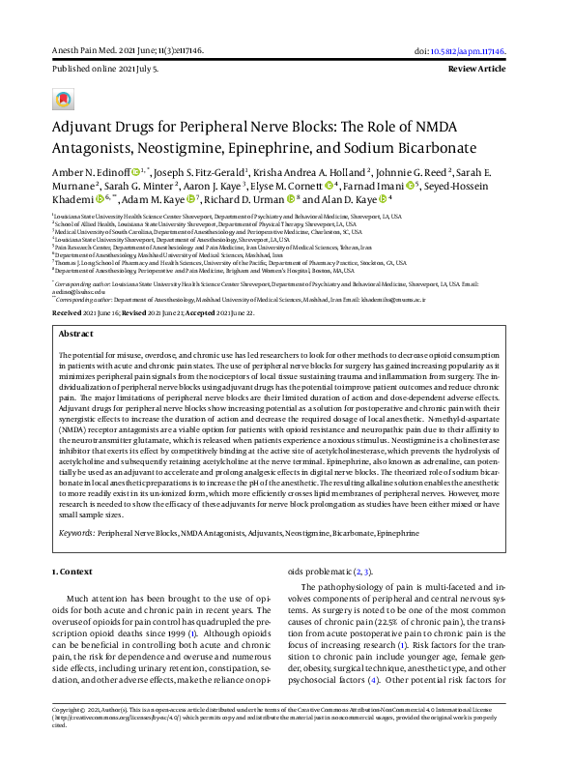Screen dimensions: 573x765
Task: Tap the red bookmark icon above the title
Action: coord(63,100)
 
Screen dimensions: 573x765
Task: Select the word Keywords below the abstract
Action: coord(75,532)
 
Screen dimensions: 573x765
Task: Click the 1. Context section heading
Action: coord(72,572)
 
